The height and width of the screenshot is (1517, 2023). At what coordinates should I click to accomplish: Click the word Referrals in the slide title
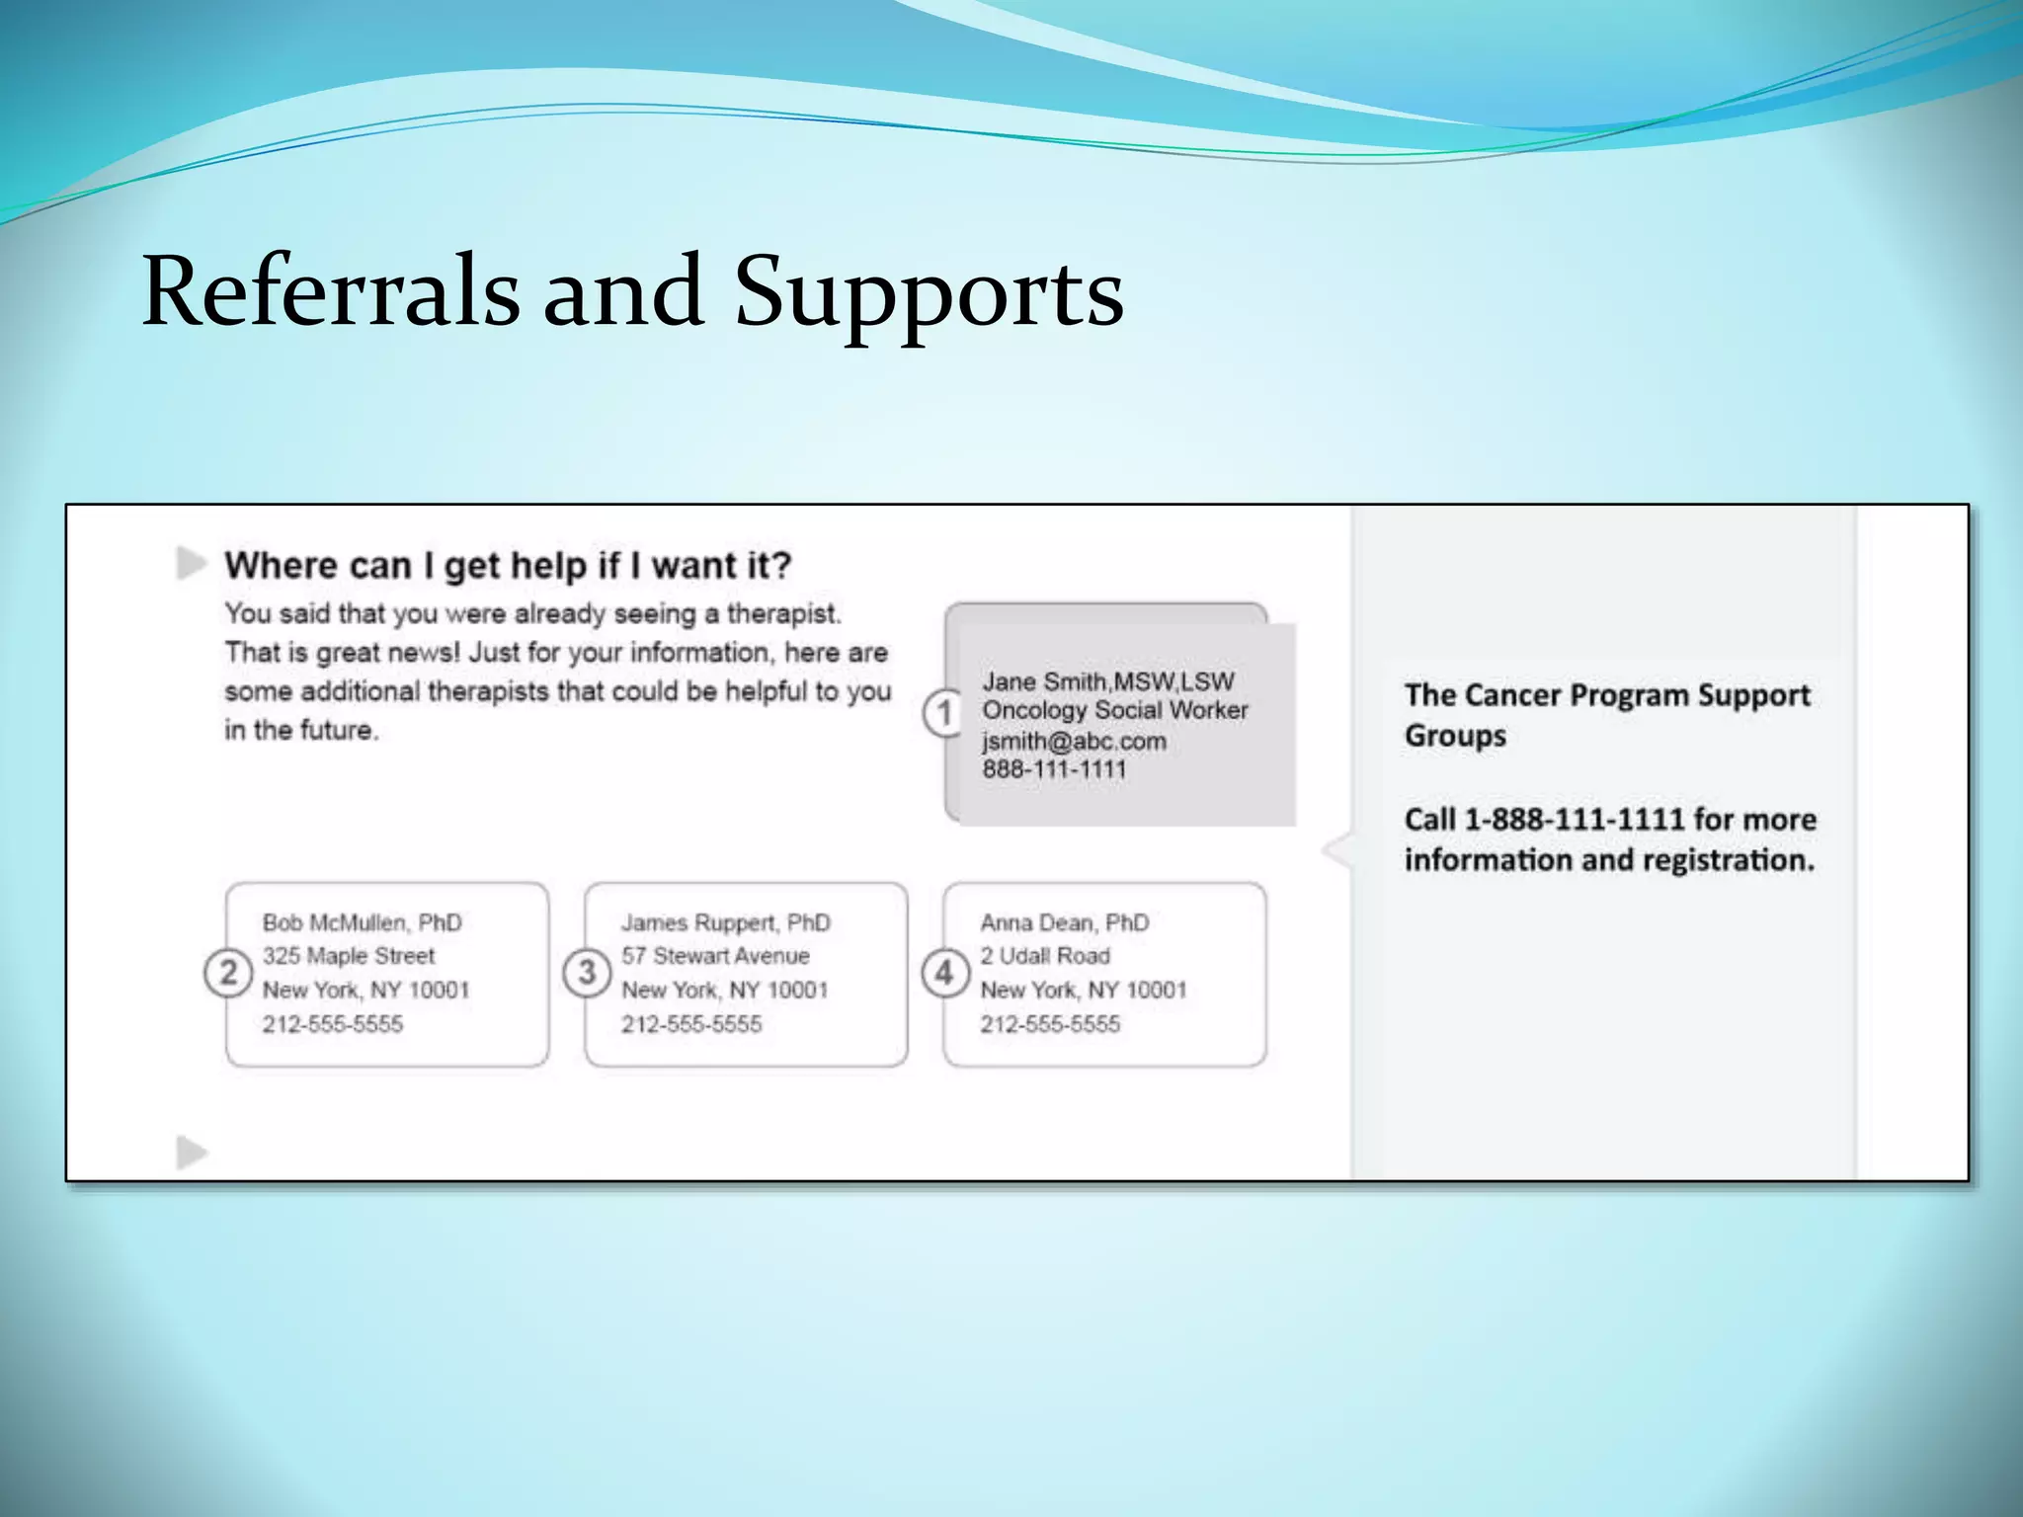[331, 291]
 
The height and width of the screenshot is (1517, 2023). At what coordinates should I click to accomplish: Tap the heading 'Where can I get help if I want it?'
[508, 566]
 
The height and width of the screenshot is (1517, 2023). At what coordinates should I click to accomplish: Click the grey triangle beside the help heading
[191, 563]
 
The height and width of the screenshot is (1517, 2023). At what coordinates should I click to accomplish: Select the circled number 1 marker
[943, 712]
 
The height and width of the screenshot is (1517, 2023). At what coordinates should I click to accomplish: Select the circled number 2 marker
[227, 974]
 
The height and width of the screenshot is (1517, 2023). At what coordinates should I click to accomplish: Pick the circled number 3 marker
[587, 973]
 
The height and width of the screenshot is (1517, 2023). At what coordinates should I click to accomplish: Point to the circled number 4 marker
[944, 974]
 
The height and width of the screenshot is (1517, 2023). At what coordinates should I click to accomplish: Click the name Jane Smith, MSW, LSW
[1107, 681]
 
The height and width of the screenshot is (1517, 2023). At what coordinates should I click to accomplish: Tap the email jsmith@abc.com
[1074, 741]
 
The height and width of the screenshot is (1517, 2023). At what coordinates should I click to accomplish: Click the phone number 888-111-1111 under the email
[1054, 769]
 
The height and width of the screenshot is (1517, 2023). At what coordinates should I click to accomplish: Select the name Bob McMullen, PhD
[362, 922]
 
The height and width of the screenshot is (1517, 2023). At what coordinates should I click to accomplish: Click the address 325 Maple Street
[348, 956]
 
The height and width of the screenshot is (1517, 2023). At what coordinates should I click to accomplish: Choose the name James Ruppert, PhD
[725, 922]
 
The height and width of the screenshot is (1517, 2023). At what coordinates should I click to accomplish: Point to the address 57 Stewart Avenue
[714, 956]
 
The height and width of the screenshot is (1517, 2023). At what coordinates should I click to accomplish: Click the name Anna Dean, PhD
[1064, 922]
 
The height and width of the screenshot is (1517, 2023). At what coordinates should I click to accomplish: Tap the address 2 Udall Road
[1044, 956]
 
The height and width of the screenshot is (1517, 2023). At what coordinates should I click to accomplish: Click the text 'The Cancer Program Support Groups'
[1606, 714]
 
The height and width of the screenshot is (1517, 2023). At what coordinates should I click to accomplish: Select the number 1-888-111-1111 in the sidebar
[1574, 819]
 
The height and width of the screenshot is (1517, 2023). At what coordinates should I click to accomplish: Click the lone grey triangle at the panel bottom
[191, 1152]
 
